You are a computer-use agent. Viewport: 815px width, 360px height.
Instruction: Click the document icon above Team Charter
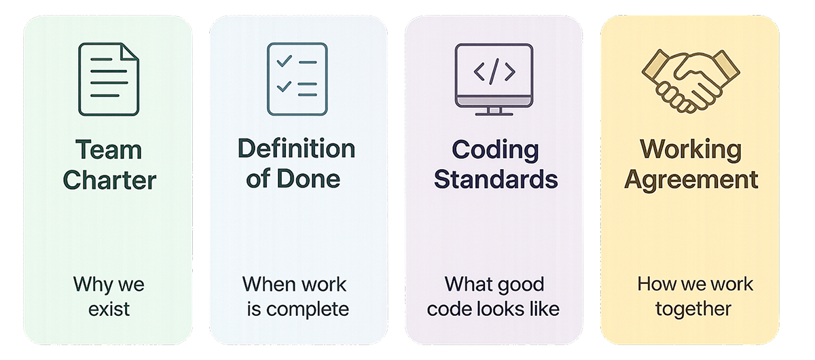click(109, 79)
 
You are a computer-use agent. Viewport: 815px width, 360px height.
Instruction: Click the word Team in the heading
click(109, 150)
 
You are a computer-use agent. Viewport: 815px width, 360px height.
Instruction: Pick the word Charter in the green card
click(109, 180)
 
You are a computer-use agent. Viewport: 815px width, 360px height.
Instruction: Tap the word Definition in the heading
click(296, 149)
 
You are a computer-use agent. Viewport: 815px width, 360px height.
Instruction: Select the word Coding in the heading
click(495, 150)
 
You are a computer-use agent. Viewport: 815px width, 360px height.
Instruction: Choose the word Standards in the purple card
click(495, 179)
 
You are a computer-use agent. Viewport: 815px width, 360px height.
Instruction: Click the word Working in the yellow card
click(691, 150)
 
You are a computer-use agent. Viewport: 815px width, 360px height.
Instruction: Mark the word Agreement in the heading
click(691, 179)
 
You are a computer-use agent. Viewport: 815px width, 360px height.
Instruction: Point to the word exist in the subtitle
click(109, 309)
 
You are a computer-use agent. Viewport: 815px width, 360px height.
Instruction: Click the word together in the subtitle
click(693, 309)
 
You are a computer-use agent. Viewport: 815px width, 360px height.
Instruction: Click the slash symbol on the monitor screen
click(494, 71)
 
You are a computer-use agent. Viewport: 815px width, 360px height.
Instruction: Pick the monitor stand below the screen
click(494, 111)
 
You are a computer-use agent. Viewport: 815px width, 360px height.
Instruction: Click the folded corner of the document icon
click(131, 52)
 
